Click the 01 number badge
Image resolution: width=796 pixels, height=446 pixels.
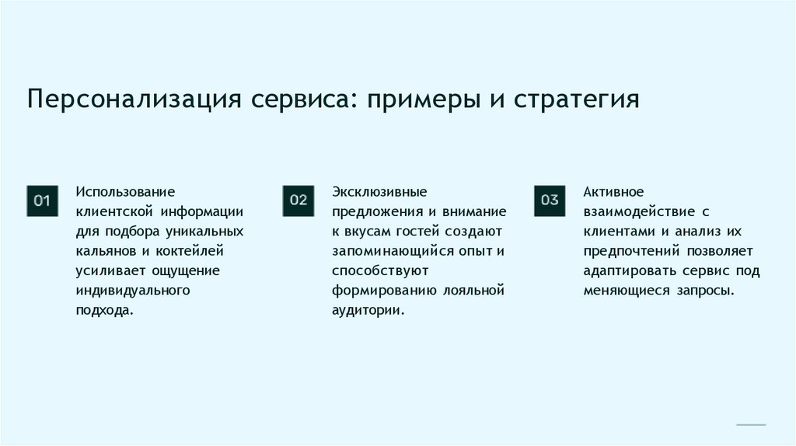(x=42, y=201)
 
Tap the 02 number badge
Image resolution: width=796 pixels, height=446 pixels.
(x=298, y=200)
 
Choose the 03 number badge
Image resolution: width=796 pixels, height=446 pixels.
(x=550, y=200)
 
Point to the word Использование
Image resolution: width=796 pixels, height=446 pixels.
(x=125, y=191)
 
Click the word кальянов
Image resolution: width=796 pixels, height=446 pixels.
(x=105, y=251)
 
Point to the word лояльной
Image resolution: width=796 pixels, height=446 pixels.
(x=473, y=290)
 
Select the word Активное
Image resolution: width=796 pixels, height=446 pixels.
(x=613, y=191)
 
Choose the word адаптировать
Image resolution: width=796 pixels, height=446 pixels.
(x=625, y=270)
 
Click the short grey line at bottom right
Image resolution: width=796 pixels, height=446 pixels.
(x=751, y=425)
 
